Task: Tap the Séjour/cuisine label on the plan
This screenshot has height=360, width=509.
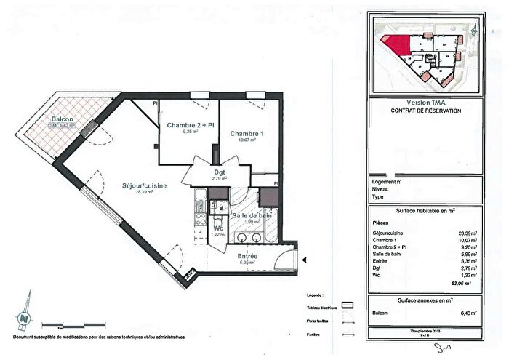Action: click(x=145, y=186)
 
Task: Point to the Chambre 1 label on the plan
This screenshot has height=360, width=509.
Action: click(x=245, y=135)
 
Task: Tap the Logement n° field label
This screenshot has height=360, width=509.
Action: click(x=386, y=182)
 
